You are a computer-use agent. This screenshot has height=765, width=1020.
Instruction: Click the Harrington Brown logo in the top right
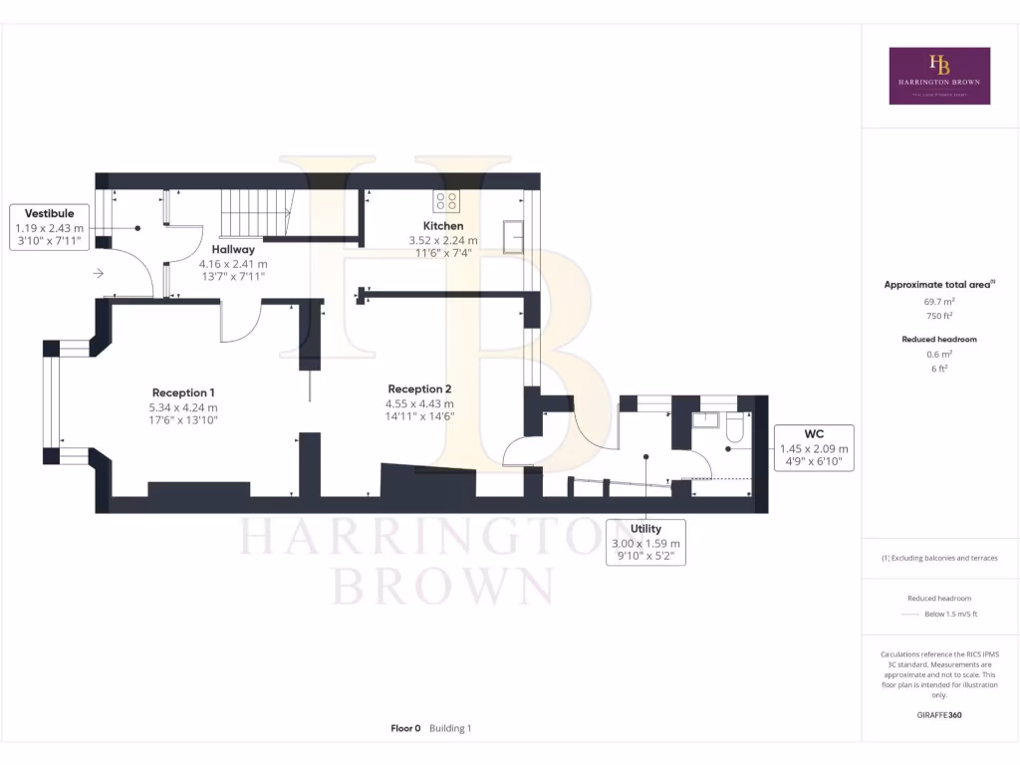pos(939,76)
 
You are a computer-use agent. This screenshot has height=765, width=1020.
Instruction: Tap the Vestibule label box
pos(49,227)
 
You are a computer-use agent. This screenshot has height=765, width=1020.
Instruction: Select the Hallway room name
pos(233,249)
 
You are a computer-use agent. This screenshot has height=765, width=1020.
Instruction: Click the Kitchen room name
pos(443,226)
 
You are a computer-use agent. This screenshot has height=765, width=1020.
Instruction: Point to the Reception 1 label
pos(183,392)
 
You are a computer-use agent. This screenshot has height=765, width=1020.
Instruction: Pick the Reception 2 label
pos(420,388)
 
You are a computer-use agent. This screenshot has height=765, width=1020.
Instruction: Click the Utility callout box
pos(645,543)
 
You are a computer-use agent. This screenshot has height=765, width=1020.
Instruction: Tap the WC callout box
pos(814,448)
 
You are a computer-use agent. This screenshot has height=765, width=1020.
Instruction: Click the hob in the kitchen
pos(446,200)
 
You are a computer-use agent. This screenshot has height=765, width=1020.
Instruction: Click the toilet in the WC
pos(735,426)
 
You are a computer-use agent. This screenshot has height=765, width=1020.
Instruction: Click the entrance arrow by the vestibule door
pos(98,272)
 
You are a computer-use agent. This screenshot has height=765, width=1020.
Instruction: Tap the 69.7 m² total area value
pos(939,300)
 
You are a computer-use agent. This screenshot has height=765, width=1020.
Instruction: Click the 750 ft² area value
pos(939,315)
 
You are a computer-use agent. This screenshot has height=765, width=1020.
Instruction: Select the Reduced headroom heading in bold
pos(939,340)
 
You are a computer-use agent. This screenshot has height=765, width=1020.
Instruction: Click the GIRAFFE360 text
pos(939,715)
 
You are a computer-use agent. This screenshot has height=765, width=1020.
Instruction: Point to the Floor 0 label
pos(407,728)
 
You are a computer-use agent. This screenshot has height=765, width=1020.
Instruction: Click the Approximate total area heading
pos(937,285)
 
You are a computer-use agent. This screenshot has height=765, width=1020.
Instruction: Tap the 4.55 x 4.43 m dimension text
pos(420,403)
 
